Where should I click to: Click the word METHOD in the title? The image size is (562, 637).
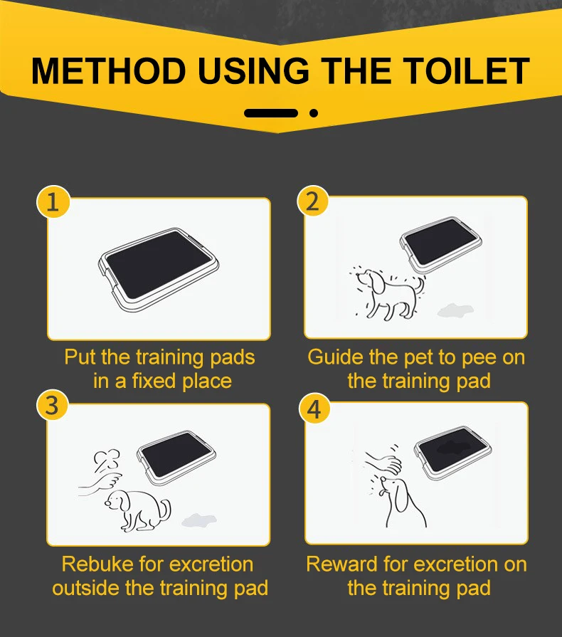click(x=108, y=71)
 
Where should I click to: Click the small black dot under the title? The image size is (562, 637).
click(x=314, y=113)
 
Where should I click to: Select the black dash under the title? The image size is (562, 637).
click(x=271, y=113)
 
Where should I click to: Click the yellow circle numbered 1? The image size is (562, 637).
click(x=53, y=202)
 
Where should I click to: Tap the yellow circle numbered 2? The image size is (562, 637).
click(x=313, y=201)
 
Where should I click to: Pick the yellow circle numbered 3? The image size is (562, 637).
click(x=53, y=406)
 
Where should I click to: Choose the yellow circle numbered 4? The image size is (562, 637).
click(x=314, y=409)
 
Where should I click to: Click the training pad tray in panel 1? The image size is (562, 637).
click(x=159, y=270)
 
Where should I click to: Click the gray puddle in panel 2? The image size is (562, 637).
click(x=455, y=310)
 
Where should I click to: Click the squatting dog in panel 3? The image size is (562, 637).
click(x=138, y=510)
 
